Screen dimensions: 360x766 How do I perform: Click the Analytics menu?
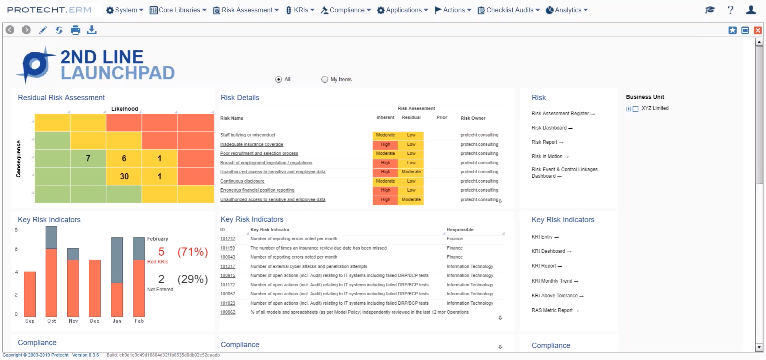click(x=567, y=10)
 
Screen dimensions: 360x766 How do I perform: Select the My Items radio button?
click(x=325, y=80)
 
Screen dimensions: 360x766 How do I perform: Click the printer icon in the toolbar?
click(x=75, y=30)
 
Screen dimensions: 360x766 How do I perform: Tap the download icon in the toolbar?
click(x=92, y=30)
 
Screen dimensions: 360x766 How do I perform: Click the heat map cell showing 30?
click(x=124, y=176)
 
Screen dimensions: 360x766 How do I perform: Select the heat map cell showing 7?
click(x=88, y=158)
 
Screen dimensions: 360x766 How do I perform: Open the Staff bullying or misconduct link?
click(x=247, y=135)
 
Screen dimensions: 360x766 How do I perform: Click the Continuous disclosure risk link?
click(x=242, y=181)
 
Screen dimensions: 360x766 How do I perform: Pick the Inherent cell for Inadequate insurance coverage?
click(x=385, y=144)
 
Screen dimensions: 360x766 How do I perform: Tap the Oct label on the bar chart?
click(x=51, y=321)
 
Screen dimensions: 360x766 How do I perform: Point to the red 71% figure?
click(x=192, y=252)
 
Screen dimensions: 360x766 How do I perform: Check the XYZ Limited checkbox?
click(x=635, y=109)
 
